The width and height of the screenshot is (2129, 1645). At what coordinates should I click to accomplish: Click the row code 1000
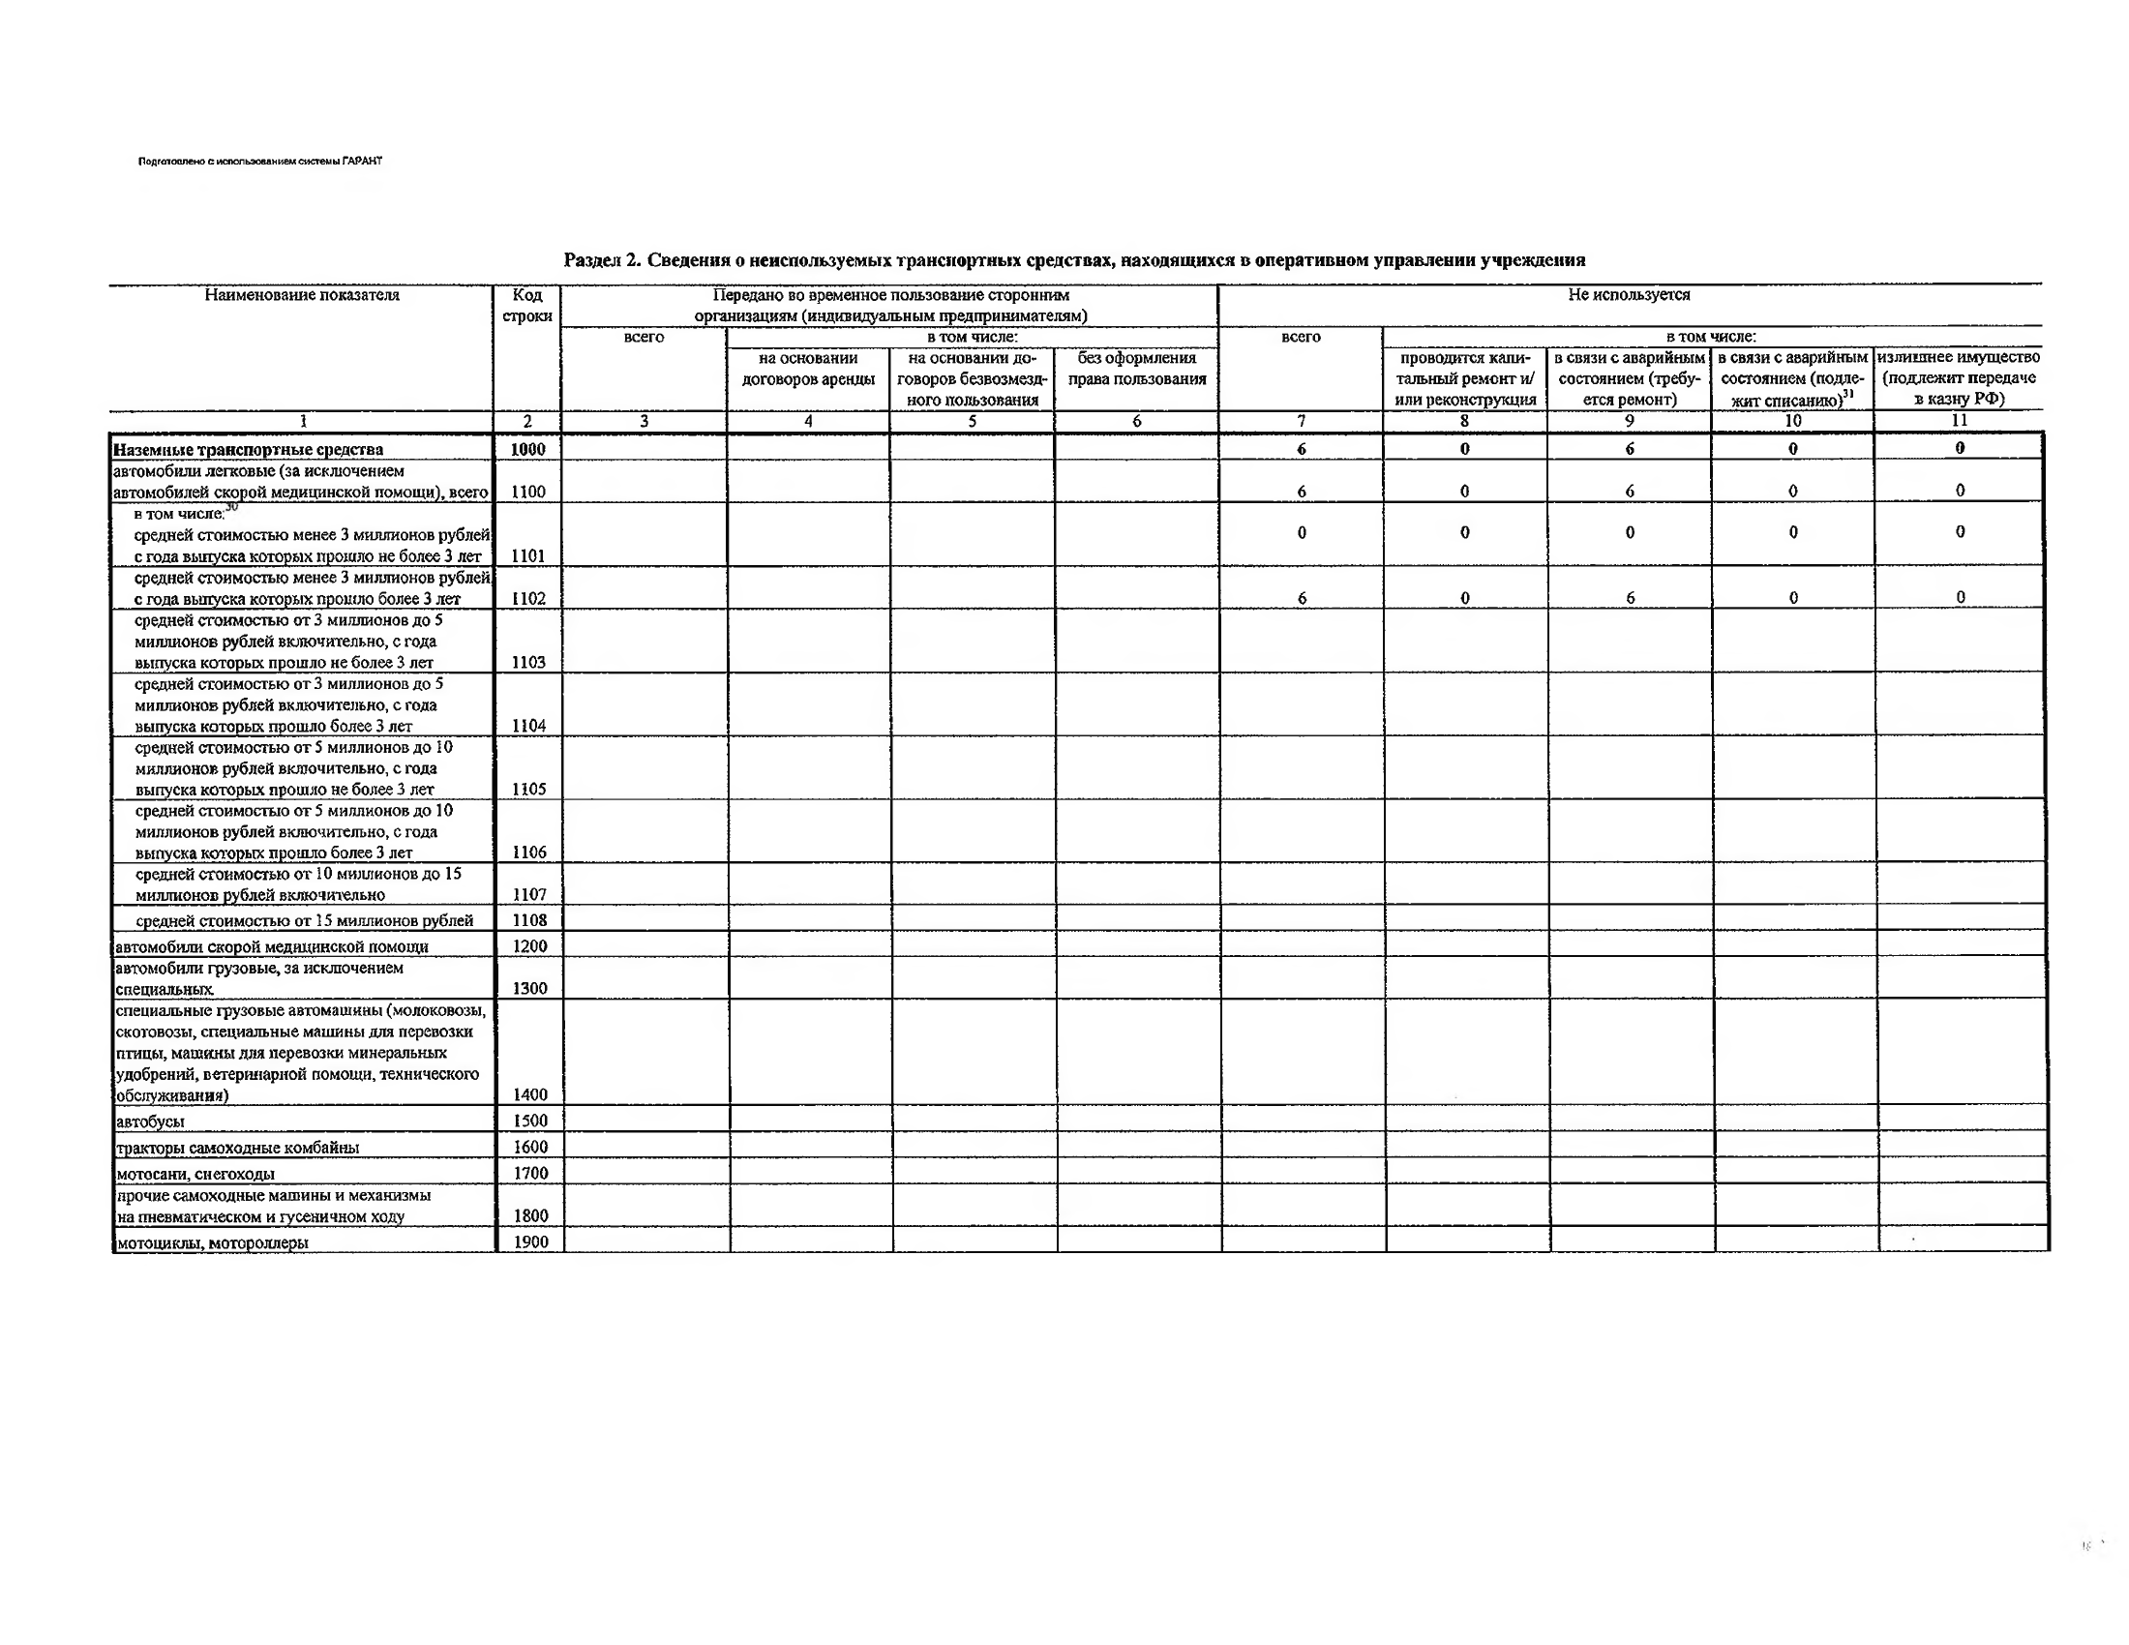[x=527, y=449]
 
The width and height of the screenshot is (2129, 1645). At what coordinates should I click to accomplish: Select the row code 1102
[x=527, y=598]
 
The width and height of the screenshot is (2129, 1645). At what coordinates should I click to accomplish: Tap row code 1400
[x=529, y=1094]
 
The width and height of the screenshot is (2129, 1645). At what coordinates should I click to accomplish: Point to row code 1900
[x=530, y=1241]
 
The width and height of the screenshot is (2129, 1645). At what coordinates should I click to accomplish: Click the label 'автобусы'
[x=149, y=1122]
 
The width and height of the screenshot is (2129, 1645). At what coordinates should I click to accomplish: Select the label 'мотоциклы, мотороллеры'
[x=212, y=1242]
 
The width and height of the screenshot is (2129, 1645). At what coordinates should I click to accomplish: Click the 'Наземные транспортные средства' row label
[x=248, y=449]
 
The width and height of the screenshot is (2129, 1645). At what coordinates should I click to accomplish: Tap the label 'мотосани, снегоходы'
[x=195, y=1175]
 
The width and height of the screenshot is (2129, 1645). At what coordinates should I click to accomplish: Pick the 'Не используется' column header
[x=1628, y=294]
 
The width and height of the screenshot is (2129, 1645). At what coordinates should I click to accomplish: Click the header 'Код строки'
[x=526, y=305]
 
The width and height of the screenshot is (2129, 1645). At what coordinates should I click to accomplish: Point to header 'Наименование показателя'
[x=301, y=294]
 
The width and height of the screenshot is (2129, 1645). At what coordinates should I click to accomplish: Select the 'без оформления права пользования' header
[x=1137, y=369]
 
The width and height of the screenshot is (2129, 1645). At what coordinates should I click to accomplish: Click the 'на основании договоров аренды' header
[x=807, y=369]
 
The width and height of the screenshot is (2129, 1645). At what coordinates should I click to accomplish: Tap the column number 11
[x=1959, y=421]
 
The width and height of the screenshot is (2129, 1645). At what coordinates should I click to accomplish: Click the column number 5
[x=971, y=421]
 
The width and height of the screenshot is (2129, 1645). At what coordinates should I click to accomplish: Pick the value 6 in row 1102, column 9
[x=1630, y=597]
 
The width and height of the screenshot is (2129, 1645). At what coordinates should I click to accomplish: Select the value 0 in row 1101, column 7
[x=1301, y=533]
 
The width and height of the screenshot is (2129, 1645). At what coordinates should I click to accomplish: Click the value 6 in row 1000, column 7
[x=1301, y=449]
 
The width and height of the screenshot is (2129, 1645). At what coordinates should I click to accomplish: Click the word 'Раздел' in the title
[x=591, y=260]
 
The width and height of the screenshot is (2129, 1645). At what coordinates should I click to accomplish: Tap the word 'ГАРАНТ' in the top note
[x=363, y=161]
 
